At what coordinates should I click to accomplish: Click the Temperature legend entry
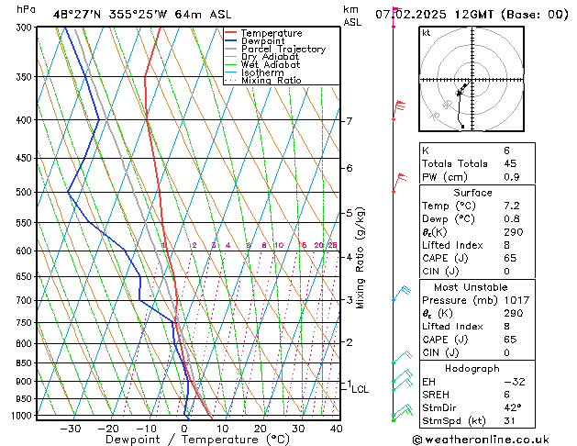point(270,33)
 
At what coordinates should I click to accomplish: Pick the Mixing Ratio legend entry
point(271,81)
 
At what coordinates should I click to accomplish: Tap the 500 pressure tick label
point(23,193)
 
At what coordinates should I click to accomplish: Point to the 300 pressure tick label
point(23,28)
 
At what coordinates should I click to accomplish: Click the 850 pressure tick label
point(23,363)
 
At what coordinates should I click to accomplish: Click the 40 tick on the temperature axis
point(337,428)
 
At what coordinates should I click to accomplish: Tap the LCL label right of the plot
point(360,389)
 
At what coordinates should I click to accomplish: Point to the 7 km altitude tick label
point(350,121)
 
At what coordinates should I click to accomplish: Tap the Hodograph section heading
point(472,367)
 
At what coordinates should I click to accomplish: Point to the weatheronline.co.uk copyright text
point(495,439)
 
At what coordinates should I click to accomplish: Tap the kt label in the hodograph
point(427,32)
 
